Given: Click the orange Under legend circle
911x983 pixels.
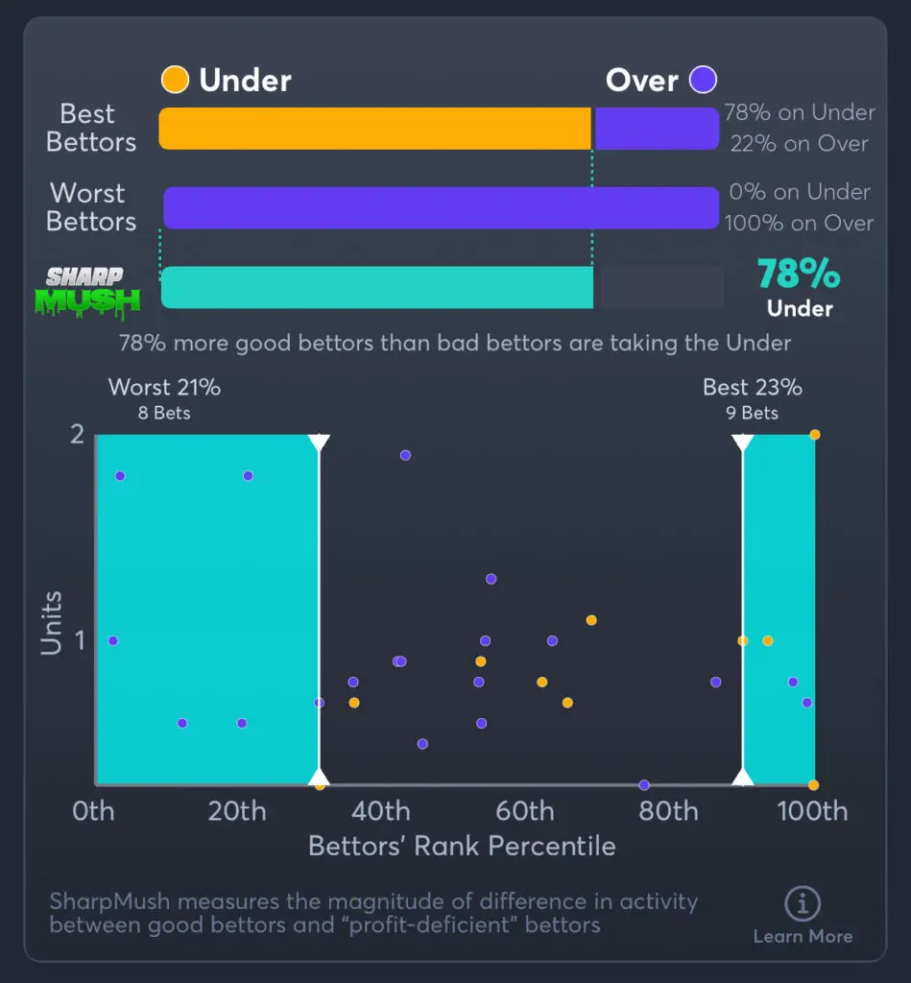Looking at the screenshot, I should click(x=175, y=80).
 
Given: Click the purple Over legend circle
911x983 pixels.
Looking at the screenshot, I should click(x=704, y=80).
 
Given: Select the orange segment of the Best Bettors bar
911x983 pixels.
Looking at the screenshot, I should click(x=374, y=129).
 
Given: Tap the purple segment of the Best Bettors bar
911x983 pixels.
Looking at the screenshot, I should click(x=657, y=129).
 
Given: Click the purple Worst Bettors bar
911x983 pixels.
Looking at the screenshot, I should click(x=441, y=207).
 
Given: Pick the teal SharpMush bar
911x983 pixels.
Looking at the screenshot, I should click(x=377, y=287).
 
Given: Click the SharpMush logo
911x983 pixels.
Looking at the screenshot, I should click(x=87, y=292).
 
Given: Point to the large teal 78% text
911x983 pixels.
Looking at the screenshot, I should click(x=799, y=275).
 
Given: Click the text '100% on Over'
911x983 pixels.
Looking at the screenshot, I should click(x=799, y=223).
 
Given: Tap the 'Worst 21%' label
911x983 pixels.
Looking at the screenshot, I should click(x=164, y=388).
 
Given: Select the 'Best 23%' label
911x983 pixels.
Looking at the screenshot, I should click(x=753, y=388).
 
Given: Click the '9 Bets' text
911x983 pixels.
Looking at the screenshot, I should click(x=753, y=414).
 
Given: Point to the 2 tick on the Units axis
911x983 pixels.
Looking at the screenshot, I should click(x=77, y=434).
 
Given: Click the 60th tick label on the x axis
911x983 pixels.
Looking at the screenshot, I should click(x=525, y=811).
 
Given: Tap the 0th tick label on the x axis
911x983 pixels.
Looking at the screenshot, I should click(x=93, y=811).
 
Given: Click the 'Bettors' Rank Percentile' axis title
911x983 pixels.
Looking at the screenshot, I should click(x=462, y=846).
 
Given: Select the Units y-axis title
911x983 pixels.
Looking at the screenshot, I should click(x=51, y=623).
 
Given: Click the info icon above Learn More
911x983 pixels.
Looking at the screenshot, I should click(x=802, y=903).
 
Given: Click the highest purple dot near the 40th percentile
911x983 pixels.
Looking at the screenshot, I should click(x=405, y=455).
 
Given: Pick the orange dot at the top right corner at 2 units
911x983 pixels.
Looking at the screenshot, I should click(x=814, y=435).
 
